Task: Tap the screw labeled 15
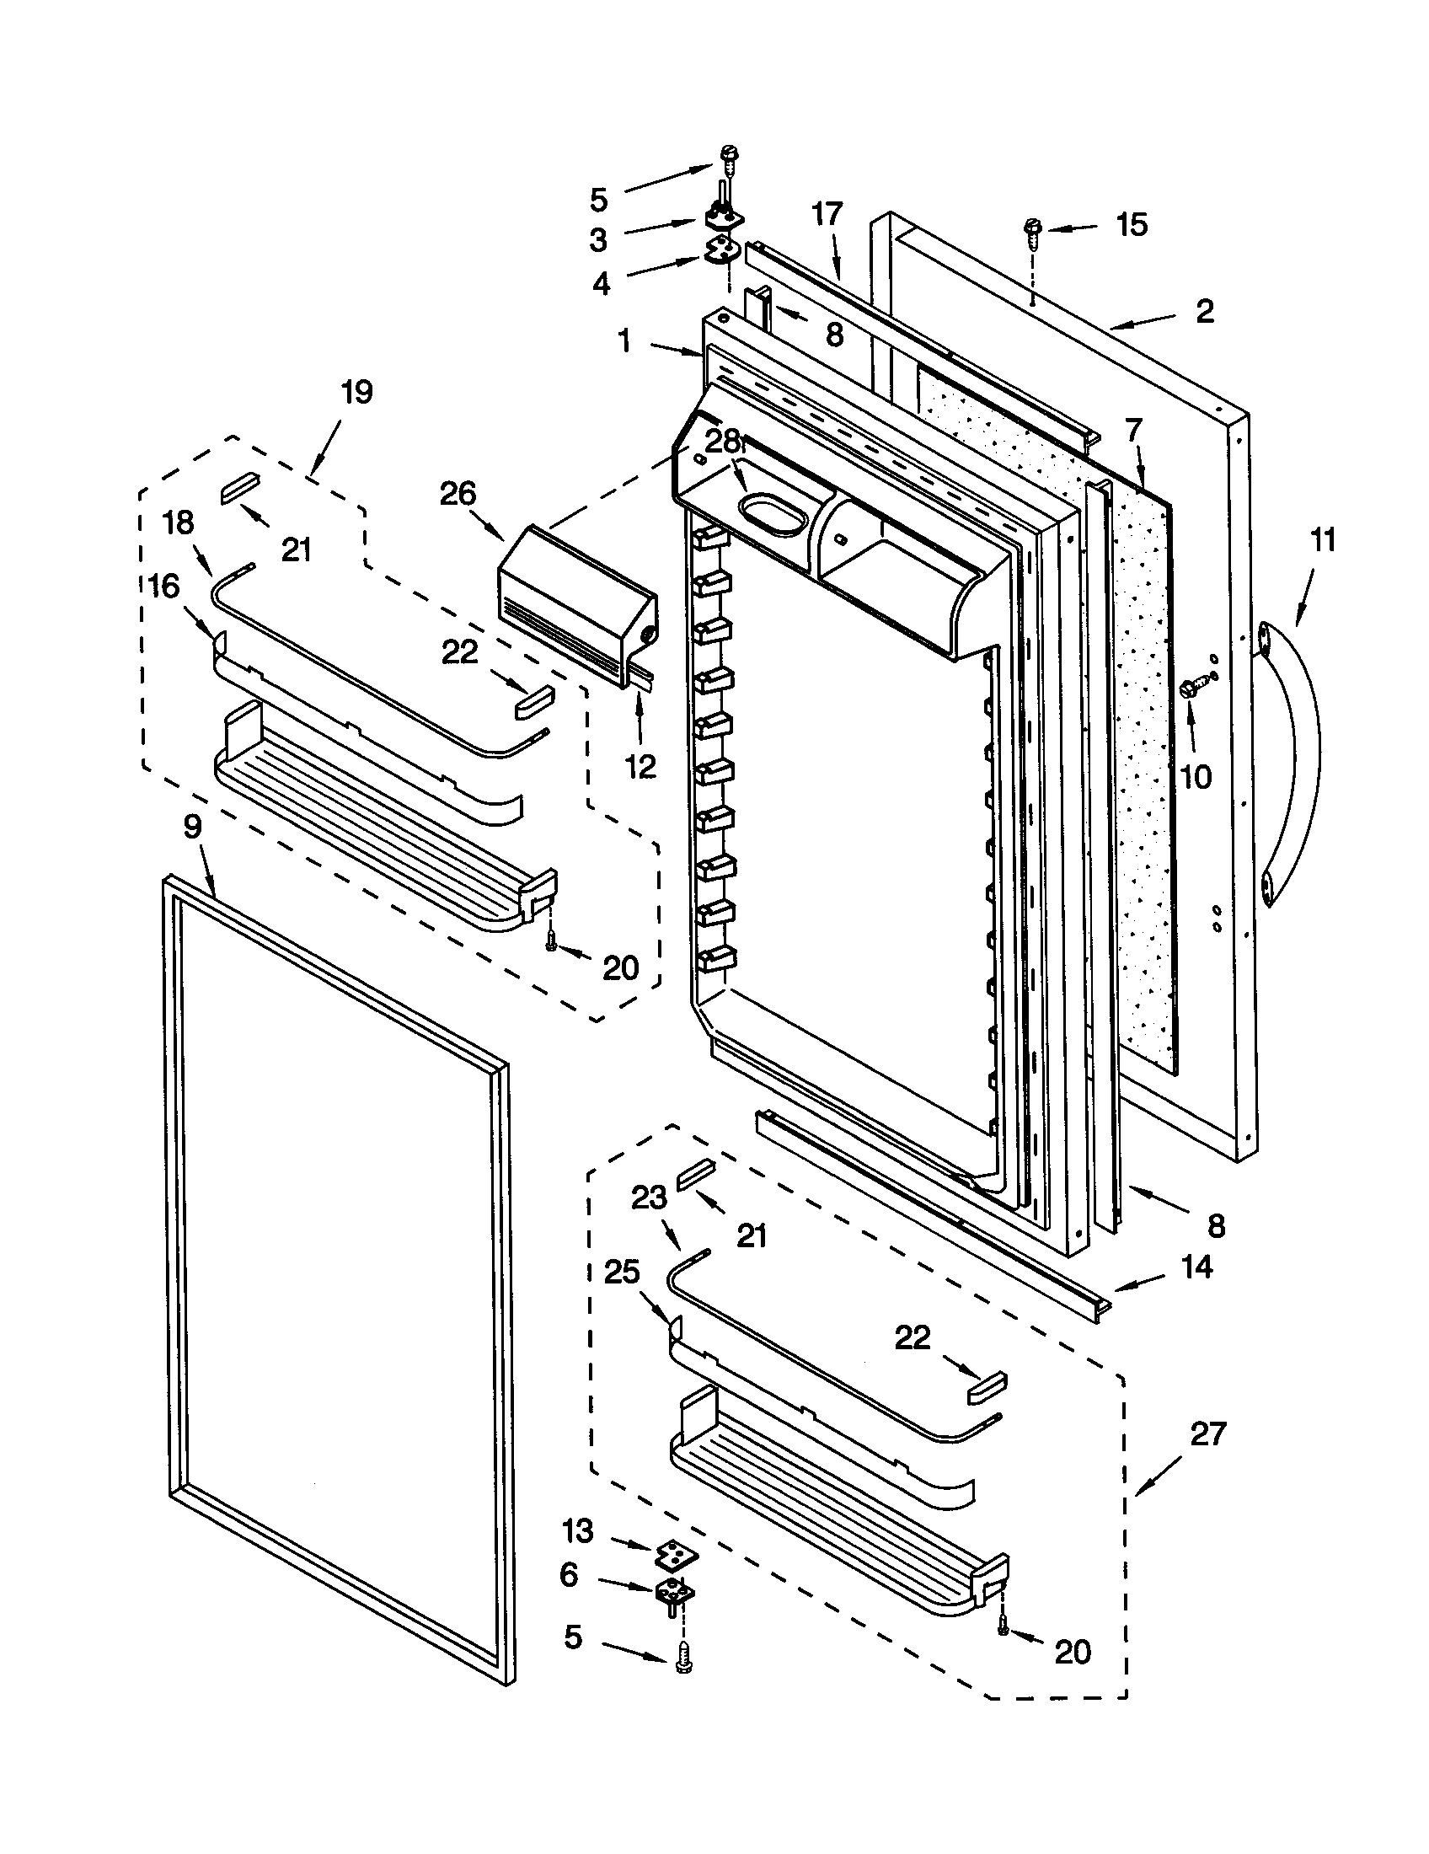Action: tap(1033, 232)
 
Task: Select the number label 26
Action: tap(458, 493)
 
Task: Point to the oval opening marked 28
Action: tap(769, 516)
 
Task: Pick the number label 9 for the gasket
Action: tap(193, 826)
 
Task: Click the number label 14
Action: tap(1196, 1267)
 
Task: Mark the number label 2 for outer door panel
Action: tap(1204, 311)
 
